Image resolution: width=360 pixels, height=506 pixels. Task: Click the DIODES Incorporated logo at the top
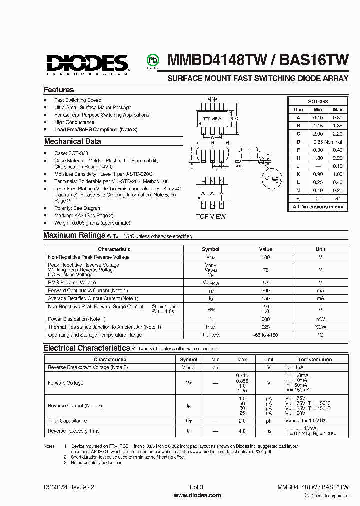87,63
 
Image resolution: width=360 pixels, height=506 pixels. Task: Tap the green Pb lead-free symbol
151,60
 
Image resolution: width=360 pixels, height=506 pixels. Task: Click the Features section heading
59,90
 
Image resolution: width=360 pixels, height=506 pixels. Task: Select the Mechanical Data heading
72,141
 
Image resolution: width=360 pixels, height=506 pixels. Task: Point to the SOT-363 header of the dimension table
317,101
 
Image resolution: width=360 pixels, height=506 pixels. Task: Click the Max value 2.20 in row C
337,134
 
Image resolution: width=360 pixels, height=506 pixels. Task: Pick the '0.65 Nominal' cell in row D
327,142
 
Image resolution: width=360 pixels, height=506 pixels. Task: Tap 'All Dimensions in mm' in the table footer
318,206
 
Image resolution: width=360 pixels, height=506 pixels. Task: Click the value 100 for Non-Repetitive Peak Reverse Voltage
265,257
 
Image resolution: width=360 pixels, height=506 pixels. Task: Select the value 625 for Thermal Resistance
265,327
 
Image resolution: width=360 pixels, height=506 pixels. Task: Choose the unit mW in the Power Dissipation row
320,319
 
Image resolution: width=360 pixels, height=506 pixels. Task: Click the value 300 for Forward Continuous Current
265,290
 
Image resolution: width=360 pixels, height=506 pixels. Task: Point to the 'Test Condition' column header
315,360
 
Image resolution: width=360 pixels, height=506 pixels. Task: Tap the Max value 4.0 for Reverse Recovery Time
242,431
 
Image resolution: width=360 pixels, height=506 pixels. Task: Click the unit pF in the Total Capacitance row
269,421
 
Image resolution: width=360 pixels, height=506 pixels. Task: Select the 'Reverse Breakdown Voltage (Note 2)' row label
88,367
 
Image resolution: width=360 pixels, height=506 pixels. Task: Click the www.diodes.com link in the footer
197,495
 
